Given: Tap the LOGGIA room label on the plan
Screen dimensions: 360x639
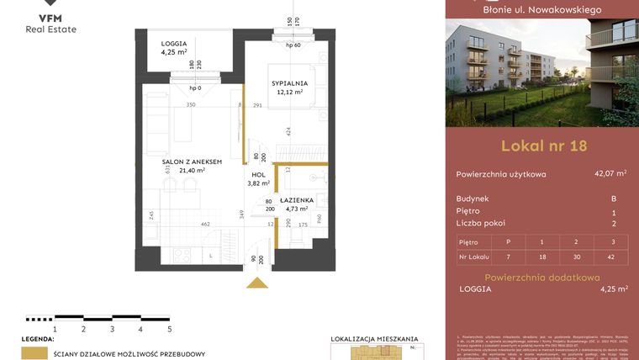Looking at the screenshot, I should coord(174,44).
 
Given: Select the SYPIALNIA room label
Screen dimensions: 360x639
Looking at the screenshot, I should coord(289,83).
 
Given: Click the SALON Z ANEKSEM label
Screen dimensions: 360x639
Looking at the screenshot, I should coord(192,161).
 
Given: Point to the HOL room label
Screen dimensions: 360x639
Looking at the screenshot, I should coord(257,174).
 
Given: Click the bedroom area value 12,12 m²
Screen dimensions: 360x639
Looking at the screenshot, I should coord(289,93).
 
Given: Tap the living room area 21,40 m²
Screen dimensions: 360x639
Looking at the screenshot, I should coord(192,170).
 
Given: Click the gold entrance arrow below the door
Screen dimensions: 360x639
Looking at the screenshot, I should coord(256,282).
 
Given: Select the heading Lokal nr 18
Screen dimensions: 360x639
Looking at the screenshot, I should coord(543,146).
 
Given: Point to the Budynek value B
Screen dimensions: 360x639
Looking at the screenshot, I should coord(614,199).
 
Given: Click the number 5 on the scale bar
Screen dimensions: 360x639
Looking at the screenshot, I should coord(169,330).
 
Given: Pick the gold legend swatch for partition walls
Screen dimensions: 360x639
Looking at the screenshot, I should coord(34,353).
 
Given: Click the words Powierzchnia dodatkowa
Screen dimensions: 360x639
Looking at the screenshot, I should coord(543,277).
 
